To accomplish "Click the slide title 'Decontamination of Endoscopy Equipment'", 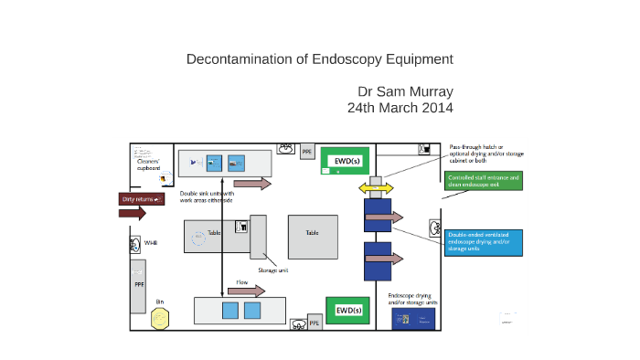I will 319,59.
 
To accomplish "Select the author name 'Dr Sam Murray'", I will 405,91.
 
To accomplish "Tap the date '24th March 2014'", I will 400,107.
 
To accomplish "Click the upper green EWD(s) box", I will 344,161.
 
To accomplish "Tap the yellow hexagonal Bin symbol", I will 160,318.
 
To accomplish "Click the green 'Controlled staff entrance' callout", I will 484,180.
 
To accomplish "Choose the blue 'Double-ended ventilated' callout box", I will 485,242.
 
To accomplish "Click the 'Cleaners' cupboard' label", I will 149,164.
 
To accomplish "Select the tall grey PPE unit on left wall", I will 139,285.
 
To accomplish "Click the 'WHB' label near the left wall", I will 151,243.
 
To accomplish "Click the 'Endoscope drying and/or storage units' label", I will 413,299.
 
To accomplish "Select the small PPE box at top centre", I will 307,152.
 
